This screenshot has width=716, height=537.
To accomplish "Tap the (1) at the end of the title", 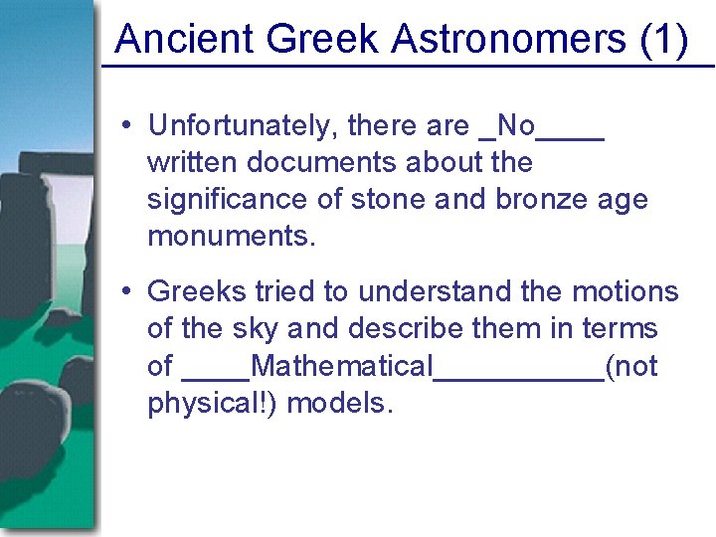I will click(664, 40).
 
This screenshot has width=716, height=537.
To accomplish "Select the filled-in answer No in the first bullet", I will click(515, 125).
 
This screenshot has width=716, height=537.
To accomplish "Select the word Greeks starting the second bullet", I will click(197, 291).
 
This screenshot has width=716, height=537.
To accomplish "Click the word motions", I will click(625, 291).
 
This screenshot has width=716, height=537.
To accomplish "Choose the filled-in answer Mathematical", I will click(342, 366).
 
